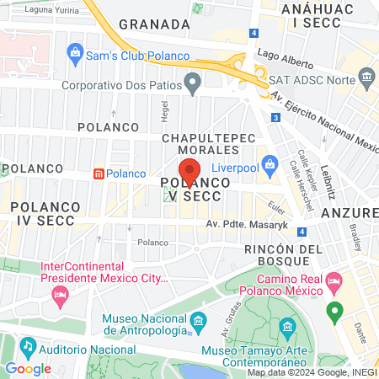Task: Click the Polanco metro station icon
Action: [x=99, y=173]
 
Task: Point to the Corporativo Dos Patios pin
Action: [x=193, y=83]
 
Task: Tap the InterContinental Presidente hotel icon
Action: [x=60, y=293]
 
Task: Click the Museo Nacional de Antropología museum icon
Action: [x=199, y=321]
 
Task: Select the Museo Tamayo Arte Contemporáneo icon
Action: [x=287, y=326]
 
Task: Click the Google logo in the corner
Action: [x=28, y=368]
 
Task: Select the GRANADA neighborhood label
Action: [x=149, y=24]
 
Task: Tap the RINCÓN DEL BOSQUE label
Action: [x=283, y=257]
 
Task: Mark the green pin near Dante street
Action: [x=334, y=311]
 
